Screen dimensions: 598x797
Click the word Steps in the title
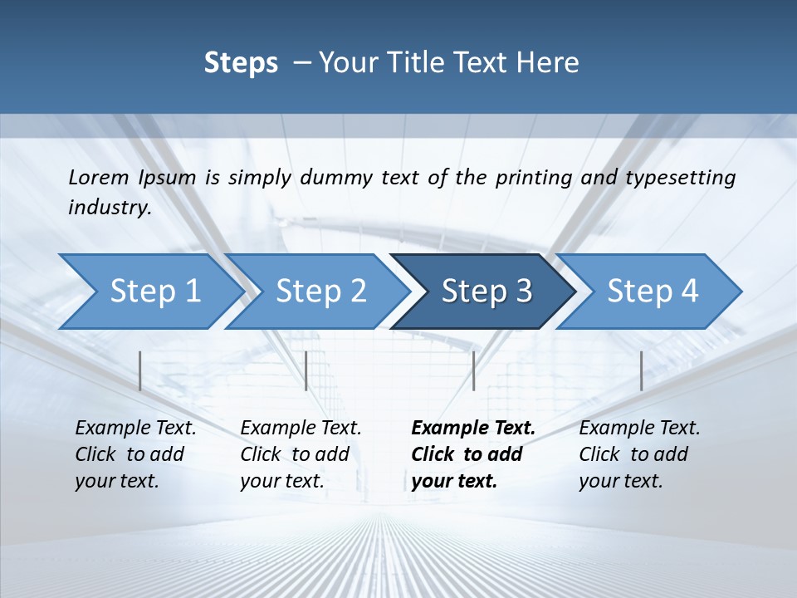coord(241,63)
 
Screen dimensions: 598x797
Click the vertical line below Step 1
coord(140,370)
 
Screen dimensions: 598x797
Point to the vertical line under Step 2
coord(306,370)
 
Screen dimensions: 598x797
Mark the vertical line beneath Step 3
coord(473,370)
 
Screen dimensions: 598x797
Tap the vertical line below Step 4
coord(641,370)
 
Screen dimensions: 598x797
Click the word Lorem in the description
coord(98,177)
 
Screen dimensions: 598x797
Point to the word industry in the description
coord(109,208)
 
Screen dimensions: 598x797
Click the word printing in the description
coord(530,178)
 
